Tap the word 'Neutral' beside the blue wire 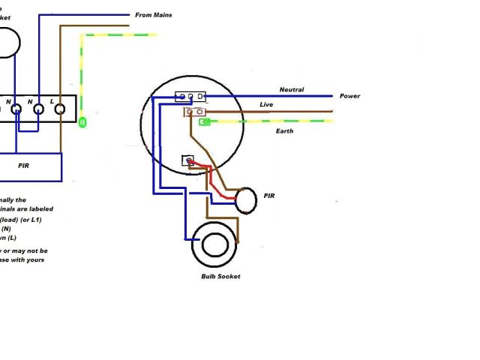pyautogui.click(x=292, y=90)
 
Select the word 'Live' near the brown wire pyautogui.click(x=266, y=104)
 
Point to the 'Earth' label pyautogui.click(x=284, y=131)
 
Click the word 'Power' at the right pyautogui.click(x=349, y=96)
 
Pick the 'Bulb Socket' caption pyautogui.click(x=220, y=277)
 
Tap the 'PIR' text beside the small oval pyautogui.click(x=270, y=196)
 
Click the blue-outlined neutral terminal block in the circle pyautogui.click(x=190, y=97)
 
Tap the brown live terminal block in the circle pyautogui.click(x=195, y=112)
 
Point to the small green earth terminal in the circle pyautogui.click(x=203, y=121)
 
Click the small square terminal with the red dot pyautogui.click(x=188, y=160)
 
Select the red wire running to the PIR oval pyautogui.click(x=217, y=181)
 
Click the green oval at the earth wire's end pyautogui.click(x=82, y=121)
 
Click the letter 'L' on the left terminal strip pyautogui.click(x=51, y=100)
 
